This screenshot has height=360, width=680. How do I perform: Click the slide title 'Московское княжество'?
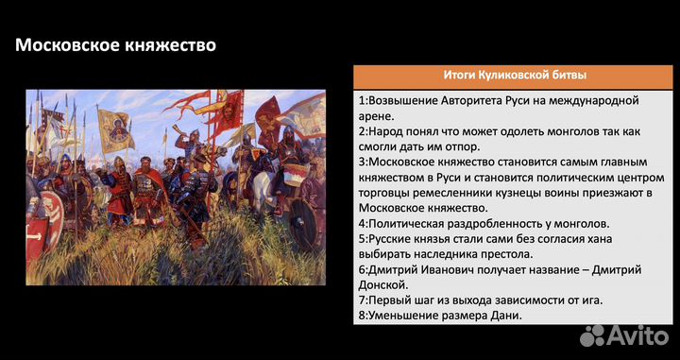point(114,44)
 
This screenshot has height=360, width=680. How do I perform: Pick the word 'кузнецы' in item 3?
point(509,192)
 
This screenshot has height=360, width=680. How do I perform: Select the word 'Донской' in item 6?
point(383,284)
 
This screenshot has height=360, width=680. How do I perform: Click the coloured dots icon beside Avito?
point(594,334)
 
